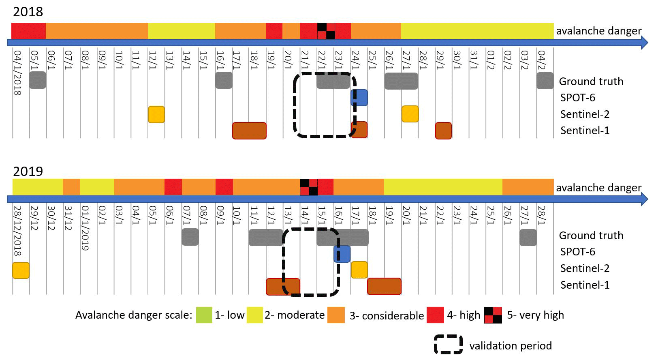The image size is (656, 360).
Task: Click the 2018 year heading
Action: [28, 12]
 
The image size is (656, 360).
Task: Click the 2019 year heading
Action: [28, 171]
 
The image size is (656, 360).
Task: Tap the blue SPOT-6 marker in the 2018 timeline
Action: [359, 98]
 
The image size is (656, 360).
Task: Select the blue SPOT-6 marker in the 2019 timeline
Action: [342, 254]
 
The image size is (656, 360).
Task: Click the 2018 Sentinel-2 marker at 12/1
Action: [156, 114]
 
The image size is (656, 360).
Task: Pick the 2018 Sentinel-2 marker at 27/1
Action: [410, 114]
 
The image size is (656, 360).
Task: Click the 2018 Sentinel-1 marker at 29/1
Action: [443, 131]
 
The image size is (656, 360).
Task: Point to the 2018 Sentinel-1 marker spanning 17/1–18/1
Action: [249, 131]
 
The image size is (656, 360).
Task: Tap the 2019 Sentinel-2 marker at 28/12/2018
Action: [21, 270]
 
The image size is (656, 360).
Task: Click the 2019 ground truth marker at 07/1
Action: [190, 237]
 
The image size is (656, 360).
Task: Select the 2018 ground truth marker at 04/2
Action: [545, 81]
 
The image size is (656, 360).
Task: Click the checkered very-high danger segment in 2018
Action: [326, 31]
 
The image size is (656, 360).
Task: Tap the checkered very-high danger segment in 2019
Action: [309, 187]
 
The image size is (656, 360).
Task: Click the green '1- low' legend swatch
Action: [204, 315]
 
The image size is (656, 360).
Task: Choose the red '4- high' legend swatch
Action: [435, 315]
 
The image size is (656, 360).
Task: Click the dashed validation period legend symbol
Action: [448, 345]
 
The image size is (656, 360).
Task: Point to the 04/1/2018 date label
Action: [17, 73]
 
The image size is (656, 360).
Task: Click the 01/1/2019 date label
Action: [85, 228]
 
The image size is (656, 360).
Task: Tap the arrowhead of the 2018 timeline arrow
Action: [644, 43]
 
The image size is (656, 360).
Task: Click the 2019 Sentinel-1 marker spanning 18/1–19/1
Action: [384, 286]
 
